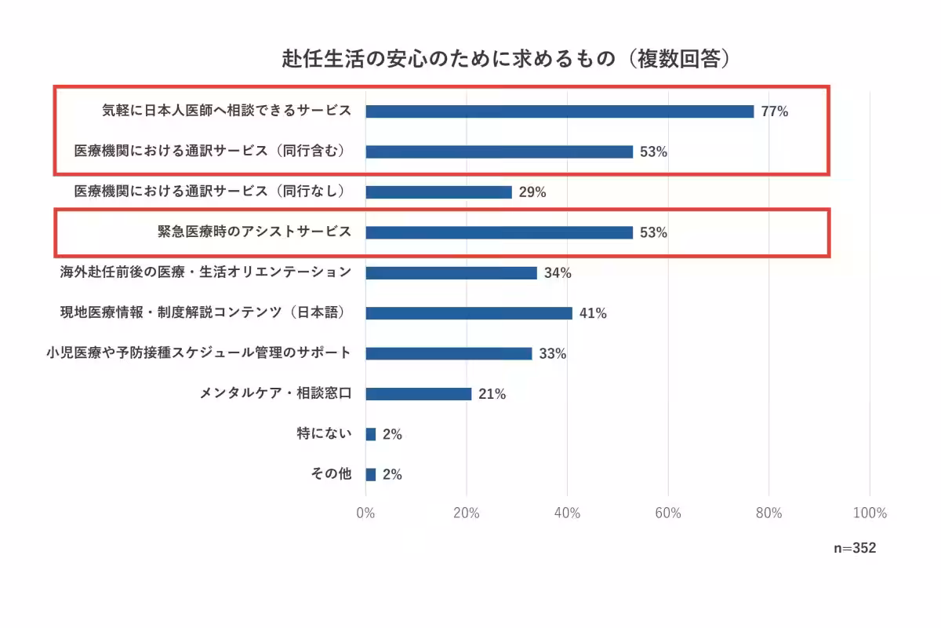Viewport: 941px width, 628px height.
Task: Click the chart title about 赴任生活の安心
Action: click(507, 60)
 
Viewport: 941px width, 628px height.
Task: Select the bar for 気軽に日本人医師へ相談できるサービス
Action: click(559, 111)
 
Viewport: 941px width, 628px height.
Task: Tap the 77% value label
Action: click(774, 111)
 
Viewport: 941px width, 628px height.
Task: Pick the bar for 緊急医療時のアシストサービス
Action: click(499, 232)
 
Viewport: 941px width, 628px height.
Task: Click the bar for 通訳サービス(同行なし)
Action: click(438, 192)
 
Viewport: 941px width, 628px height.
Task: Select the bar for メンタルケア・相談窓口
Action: click(418, 394)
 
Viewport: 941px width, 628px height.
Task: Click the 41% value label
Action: click(593, 313)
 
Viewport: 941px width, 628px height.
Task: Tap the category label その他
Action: click(332, 474)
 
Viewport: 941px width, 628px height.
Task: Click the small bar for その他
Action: click(370, 474)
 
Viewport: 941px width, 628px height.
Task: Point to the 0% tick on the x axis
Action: click(365, 513)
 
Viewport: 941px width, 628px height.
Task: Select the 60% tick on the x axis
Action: click(668, 513)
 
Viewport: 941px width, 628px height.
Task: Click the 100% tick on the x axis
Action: click(869, 513)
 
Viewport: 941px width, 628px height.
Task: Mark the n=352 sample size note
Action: click(854, 549)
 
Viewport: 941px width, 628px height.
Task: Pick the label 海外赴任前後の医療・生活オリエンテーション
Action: click(205, 272)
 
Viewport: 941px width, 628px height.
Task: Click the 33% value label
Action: click(552, 354)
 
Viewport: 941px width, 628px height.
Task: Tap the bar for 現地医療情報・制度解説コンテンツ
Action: click(469, 313)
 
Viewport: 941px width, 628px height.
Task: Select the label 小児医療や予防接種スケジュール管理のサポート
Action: click(198, 353)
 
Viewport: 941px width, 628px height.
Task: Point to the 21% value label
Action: click(492, 394)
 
